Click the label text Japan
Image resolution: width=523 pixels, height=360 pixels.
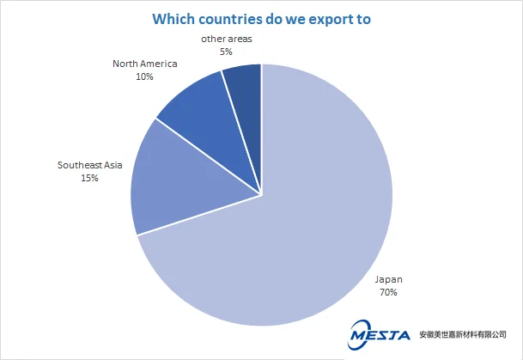[x=386, y=279]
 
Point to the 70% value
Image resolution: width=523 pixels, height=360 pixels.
[x=386, y=292]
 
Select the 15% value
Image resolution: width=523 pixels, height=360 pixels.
[x=90, y=178]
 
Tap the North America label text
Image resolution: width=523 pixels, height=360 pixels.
[x=144, y=64]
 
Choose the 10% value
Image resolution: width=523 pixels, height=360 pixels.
[x=144, y=76]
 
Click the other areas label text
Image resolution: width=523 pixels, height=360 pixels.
[x=228, y=39]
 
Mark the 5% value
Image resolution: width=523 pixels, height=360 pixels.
[x=228, y=52]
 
